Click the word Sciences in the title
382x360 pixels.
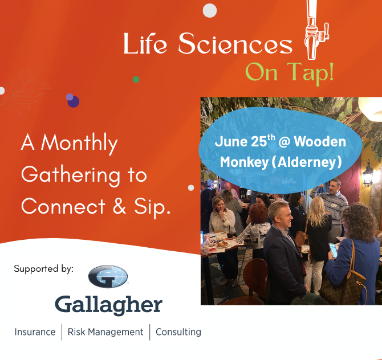(235, 43)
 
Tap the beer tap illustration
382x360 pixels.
(316, 30)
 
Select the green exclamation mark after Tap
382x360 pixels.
(331, 71)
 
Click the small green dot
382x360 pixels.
(136, 79)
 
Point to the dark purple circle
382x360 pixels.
(74, 101)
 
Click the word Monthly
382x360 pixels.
(79, 144)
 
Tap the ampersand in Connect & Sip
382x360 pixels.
(119, 206)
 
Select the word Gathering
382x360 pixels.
(71, 175)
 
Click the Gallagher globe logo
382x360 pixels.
(108, 276)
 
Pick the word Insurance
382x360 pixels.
(35, 332)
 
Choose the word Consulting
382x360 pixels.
(178, 332)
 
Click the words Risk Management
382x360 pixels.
(105, 332)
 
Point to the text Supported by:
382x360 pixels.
(43, 269)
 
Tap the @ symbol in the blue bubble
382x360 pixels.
(284, 142)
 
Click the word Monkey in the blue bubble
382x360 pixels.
(244, 162)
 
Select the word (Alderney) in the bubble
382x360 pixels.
(307, 162)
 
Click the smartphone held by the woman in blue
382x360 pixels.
(334, 250)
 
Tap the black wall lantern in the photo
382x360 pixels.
(368, 173)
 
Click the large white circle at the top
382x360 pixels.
(210, 10)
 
